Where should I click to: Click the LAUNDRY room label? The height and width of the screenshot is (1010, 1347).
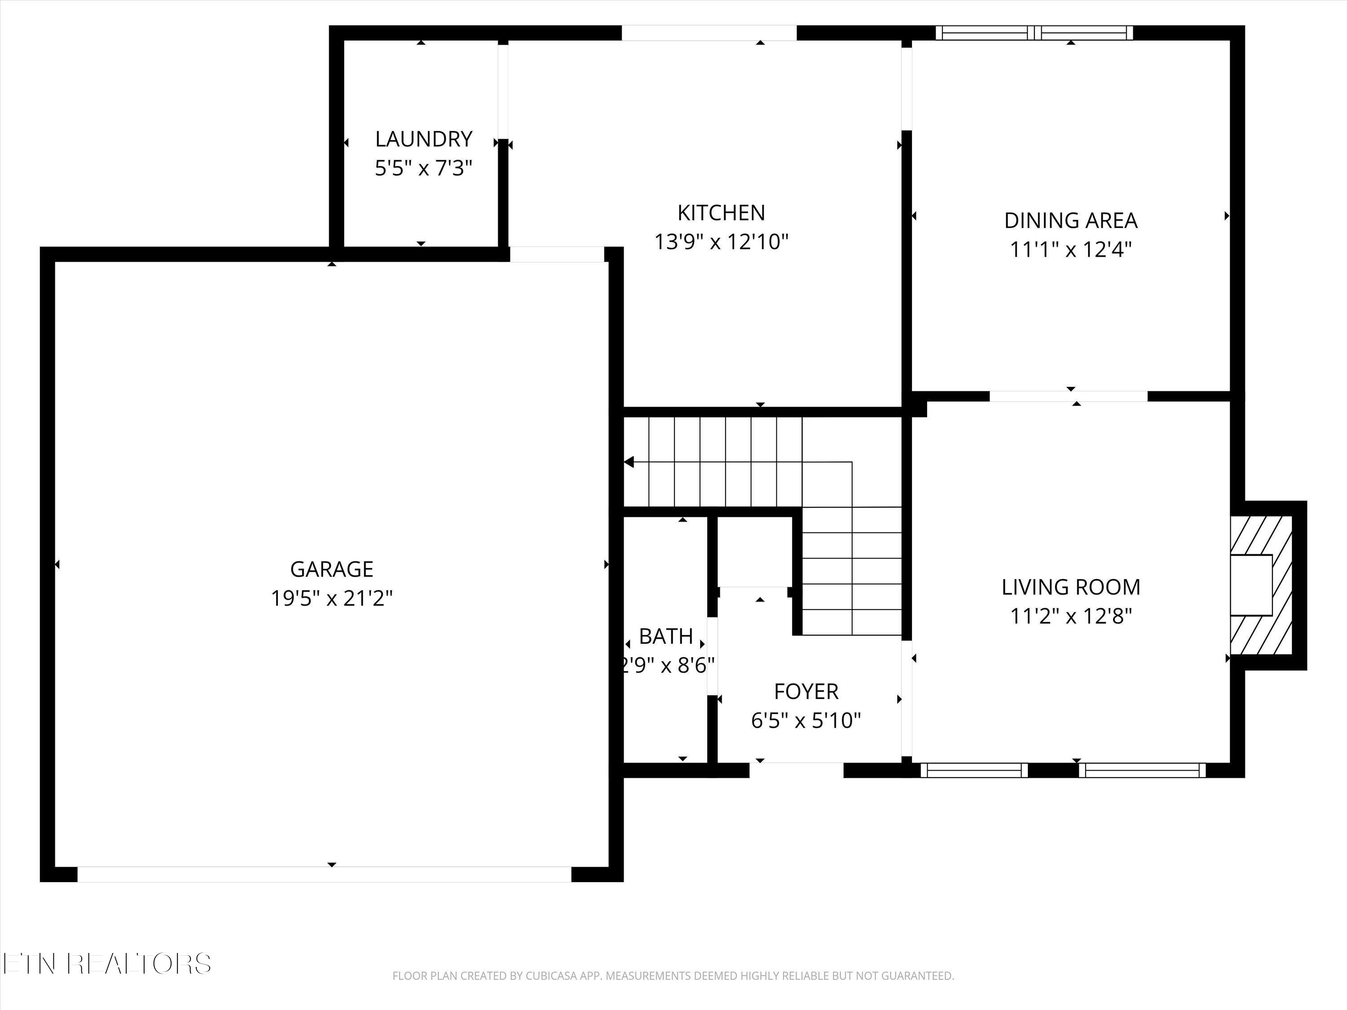click(x=423, y=140)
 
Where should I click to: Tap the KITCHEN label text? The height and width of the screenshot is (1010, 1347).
click(x=721, y=213)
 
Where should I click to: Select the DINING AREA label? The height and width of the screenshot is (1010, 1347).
click(x=1070, y=220)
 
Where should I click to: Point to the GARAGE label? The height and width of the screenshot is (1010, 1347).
click(x=331, y=569)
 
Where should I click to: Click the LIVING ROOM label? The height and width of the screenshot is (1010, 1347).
click(x=1070, y=587)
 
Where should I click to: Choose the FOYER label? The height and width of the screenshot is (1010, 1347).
click(x=806, y=692)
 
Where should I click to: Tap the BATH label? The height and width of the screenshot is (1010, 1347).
click(x=665, y=636)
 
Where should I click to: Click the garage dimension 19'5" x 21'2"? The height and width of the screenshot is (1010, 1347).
click(x=331, y=598)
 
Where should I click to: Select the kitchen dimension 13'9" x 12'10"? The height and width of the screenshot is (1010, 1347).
click(x=721, y=242)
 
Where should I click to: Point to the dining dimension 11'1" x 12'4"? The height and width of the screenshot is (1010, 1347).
click(x=1070, y=250)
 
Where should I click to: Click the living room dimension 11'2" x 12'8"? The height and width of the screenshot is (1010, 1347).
click(x=1070, y=616)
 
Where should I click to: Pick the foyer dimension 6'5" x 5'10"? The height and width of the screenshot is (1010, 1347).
click(x=806, y=721)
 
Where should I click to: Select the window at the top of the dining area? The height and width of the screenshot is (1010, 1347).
click(x=1034, y=33)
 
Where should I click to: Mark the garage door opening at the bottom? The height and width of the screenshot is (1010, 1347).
click(x=325, y=874)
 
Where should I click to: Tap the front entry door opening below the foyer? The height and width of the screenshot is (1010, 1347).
click(x=796, y=770)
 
